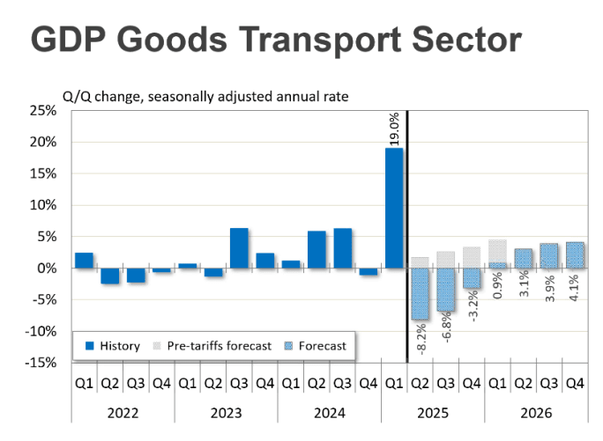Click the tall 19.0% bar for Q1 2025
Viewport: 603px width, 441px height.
(394, 208)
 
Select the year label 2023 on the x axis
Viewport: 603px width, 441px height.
(226, 410)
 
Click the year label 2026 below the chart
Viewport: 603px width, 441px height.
(537, 410)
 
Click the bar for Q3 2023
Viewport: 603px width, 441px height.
(239, 248)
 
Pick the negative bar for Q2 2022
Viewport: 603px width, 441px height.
(109, 276)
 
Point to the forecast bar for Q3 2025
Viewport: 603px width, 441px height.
(447, 290)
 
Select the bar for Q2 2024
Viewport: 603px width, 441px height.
(316, 249)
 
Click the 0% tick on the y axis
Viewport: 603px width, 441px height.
(47, 268)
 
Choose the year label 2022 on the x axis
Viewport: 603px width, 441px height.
(123, 410)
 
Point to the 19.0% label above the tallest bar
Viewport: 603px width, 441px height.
(394, 128)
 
